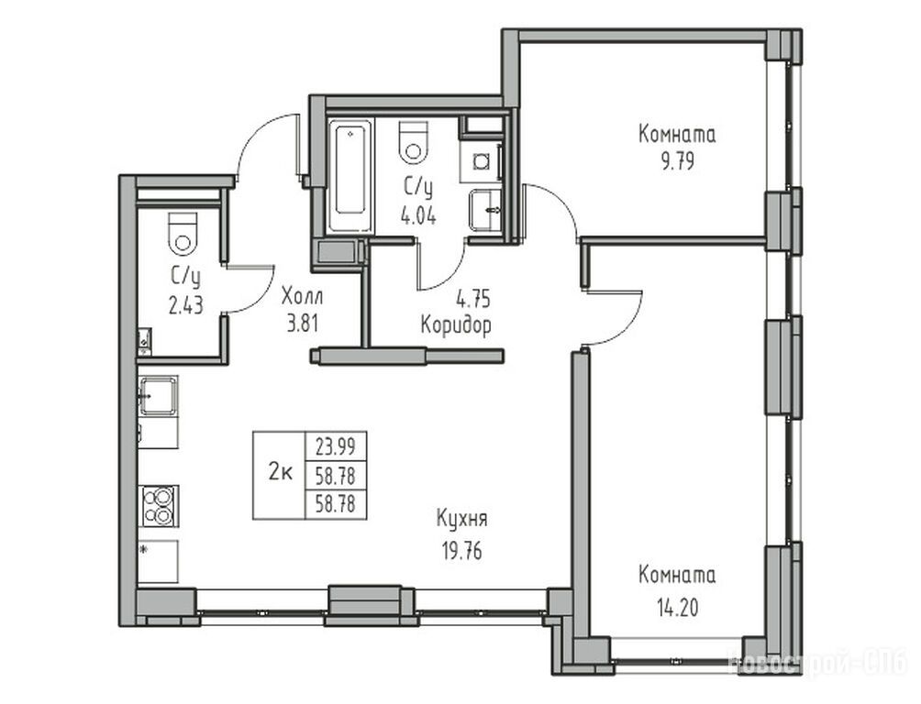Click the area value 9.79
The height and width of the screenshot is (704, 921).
pos(677,161)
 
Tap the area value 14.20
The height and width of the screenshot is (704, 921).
pos(677,607)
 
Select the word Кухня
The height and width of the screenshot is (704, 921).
pos(461,519)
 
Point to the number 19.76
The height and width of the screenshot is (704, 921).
pos(461,551)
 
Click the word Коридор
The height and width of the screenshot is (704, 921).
pos(457,324)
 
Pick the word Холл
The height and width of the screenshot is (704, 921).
pos(302,296)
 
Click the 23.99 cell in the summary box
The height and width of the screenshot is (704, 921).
pos(336,447)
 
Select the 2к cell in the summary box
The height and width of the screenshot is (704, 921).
pos(280,475)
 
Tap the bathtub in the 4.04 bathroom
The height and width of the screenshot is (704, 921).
pos(350,176)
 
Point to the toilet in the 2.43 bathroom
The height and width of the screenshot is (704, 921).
pos(183,233)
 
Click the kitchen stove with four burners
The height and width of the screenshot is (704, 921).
pos(159,505)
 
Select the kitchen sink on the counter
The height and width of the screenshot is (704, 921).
pos(158,396)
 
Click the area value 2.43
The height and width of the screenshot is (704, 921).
pos(185,305)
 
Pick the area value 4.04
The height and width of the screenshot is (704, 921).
pos(418,217)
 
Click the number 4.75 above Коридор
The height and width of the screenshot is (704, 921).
pos(472,300)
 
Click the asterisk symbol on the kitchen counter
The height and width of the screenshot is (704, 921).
pos(145,551)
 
